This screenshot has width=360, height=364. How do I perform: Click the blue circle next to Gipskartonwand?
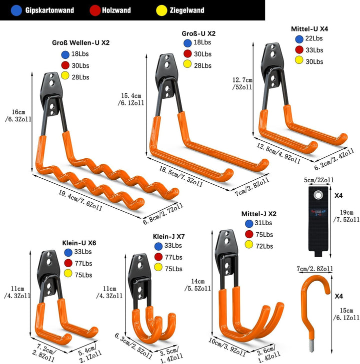[x=16, y=10]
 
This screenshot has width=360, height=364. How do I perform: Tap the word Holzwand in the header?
[x=116, y=10]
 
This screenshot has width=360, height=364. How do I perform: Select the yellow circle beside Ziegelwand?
[x=161, y=10]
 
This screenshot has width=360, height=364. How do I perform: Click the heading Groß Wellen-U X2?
[x=80, y=43]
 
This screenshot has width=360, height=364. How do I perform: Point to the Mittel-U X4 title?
[x=309, y=29]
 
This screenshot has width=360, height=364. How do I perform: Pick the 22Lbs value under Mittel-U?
[x=314, y=38]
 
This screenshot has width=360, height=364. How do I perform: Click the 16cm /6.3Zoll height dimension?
[x=18, y=116]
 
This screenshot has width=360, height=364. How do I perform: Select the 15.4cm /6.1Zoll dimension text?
[x=131, y=99]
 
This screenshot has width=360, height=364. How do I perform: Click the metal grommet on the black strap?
[x=317, y=195]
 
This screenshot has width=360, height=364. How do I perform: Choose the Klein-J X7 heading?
[x=168, y=236]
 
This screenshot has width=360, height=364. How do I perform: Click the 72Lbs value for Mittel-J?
[x=264, y=246]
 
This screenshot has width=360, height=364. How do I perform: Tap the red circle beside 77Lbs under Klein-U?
[x=68, y=263]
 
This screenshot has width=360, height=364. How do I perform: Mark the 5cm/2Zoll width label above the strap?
[x=319, y=180]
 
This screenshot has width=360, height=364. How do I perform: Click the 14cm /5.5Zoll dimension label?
[x=198, y=285]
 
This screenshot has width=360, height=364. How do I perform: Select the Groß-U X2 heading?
[x=198, y=33]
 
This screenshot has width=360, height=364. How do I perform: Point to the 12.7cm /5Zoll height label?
[x=242, y=83]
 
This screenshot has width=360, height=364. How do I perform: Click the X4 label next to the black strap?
[x=338, y=196]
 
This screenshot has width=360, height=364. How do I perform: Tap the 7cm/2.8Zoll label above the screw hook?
[x=315, y=269]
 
